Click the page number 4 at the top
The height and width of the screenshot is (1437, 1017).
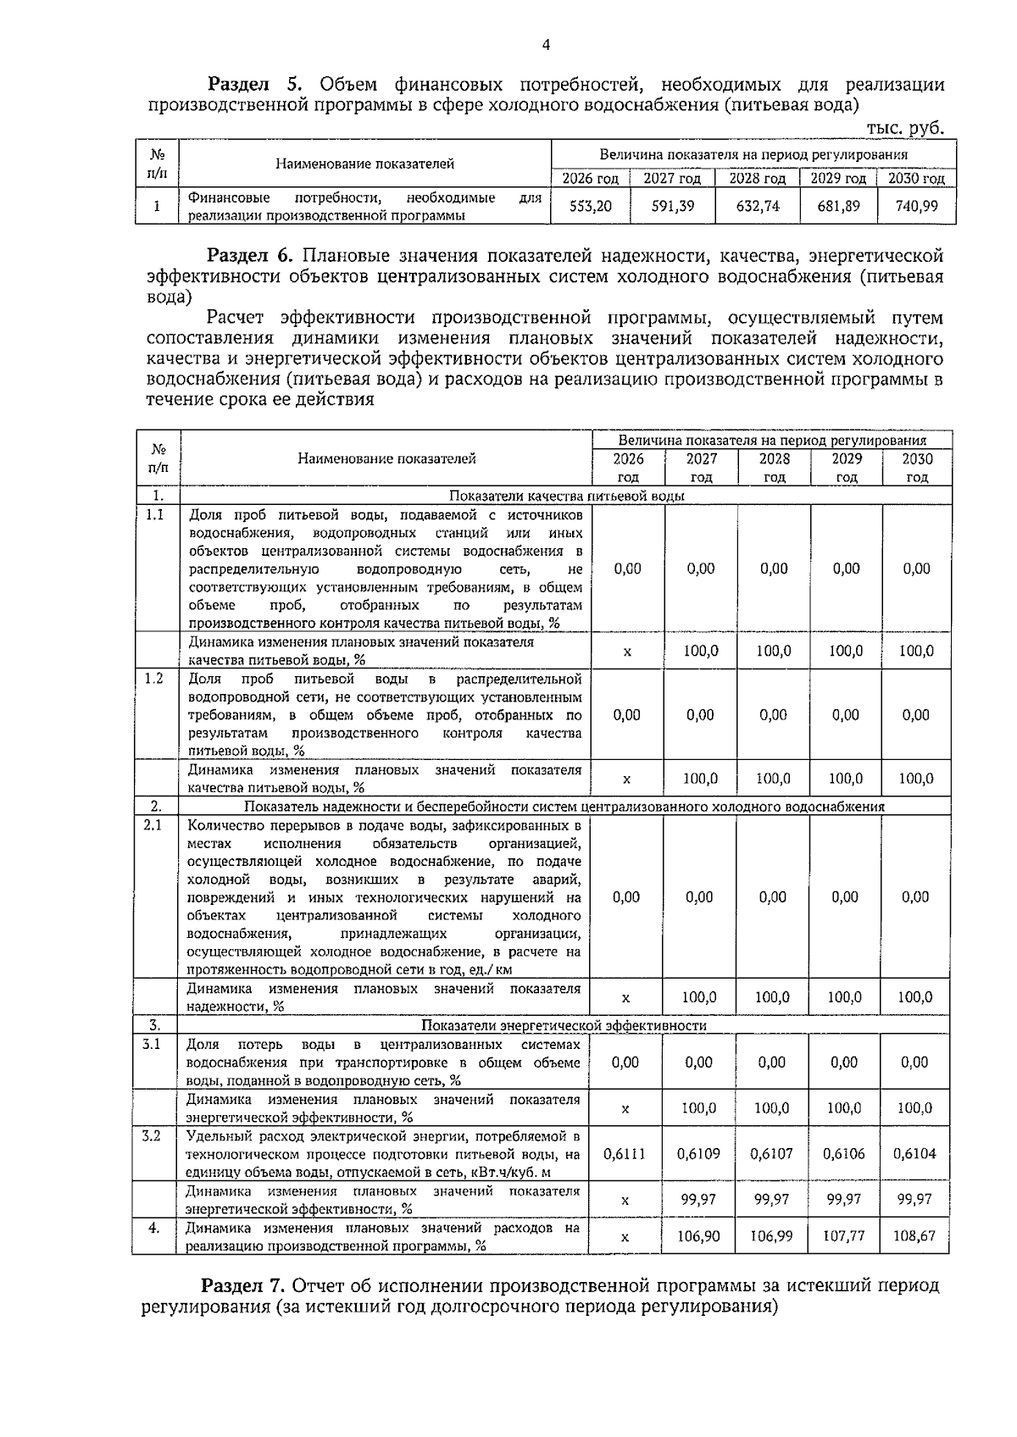tap(545, 45)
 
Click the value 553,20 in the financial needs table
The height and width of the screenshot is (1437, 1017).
tap(590, 206)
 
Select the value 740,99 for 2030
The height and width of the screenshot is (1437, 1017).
tap(916, 206)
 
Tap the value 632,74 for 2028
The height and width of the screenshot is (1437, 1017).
tap(758, 206)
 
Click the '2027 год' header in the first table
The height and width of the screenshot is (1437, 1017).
tap(672, 179)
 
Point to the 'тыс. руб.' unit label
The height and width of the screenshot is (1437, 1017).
tap(905, 128)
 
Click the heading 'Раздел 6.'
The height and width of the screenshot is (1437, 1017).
tap(251, 255)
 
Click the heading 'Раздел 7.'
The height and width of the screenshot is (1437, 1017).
tap(245, 1285)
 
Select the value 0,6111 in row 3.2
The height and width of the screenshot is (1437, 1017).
tap(625, 1153)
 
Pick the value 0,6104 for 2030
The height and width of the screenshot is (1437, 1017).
tap(915, 1153)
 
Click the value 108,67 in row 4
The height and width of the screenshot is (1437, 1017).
tap(914, 1236)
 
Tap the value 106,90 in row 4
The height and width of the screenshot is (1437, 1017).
tap(698, 1236)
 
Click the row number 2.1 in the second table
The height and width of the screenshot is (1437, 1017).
tap(153, 824)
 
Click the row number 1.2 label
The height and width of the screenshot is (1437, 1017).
tap(154, 679)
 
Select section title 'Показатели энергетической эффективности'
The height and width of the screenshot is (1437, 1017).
tap(564, 1025)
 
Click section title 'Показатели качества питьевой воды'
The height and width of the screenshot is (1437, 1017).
tap(566, 497)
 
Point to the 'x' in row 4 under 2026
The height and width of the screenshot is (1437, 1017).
tap(625, 1237)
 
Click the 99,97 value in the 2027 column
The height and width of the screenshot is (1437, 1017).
tap(699, 1199)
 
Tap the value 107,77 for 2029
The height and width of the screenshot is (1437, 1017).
tap(844, 1236)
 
